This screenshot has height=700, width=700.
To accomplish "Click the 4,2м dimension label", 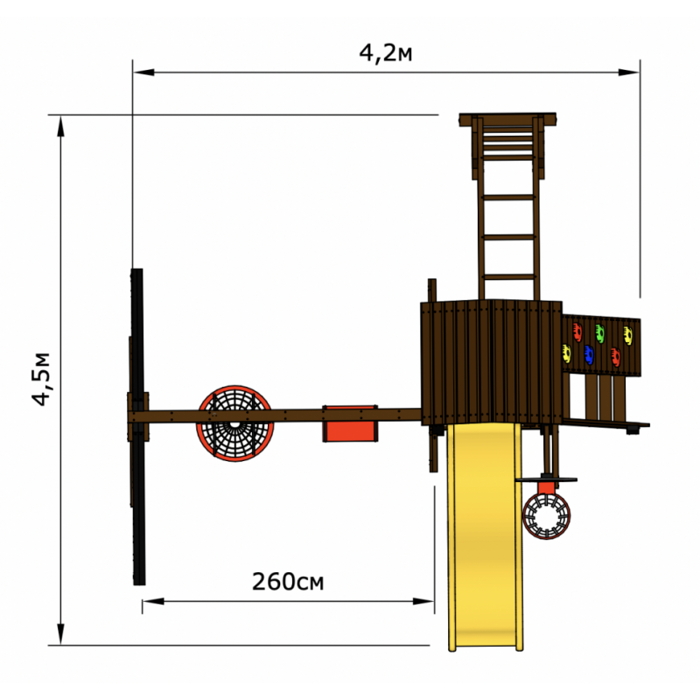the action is click(386, 53).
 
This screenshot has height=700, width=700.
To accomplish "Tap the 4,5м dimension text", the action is click(41, 379).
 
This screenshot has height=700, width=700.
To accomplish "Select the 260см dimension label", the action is click(288, 581).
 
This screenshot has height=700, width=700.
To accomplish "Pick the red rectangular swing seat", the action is click(350, 423).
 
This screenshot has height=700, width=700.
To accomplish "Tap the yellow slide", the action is click(486, 536).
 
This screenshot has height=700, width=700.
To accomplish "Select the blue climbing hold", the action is click(589, 354).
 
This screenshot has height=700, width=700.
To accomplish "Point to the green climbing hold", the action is click(600, 333).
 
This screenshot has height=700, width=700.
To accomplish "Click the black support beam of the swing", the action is click(138, 426).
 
